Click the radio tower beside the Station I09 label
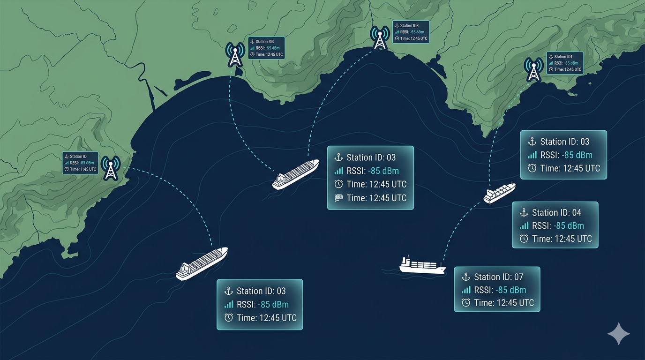click(380, 38)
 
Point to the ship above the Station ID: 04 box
click(499, 193)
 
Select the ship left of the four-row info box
click(295, 174)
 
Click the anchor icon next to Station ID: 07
click(466, 277)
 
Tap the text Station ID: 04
click(556, 213)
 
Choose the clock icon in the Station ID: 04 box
click(524, 239)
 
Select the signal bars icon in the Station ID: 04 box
click(524, 226)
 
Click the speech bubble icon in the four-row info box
click(339, 198)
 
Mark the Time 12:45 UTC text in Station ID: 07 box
click(504, 303)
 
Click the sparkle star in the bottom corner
click(618, 334)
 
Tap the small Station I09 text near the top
click(409, 26)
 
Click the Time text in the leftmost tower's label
click(83, 169)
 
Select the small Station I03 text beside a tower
click(265, 42)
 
